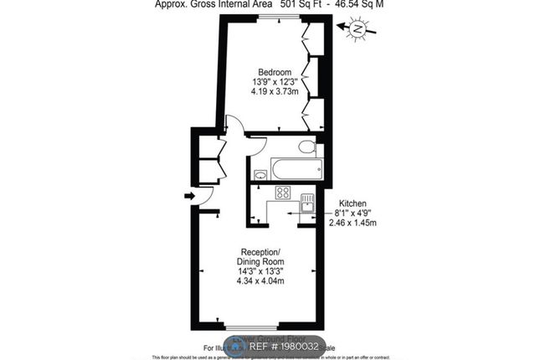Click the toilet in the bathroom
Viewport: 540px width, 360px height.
[x=307, y=148]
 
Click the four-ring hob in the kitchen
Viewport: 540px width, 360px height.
[x=283, y=193]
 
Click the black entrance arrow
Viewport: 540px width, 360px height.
[x=189, y=197]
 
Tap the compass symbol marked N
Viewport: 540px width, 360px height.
[x=357, y=30]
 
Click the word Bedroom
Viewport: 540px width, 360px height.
[x=274, y=70]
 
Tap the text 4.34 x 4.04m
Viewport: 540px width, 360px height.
[x=260, y=281]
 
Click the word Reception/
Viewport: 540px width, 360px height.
[x=261, y=252]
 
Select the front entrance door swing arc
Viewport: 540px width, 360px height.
[x=208, y=210]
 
